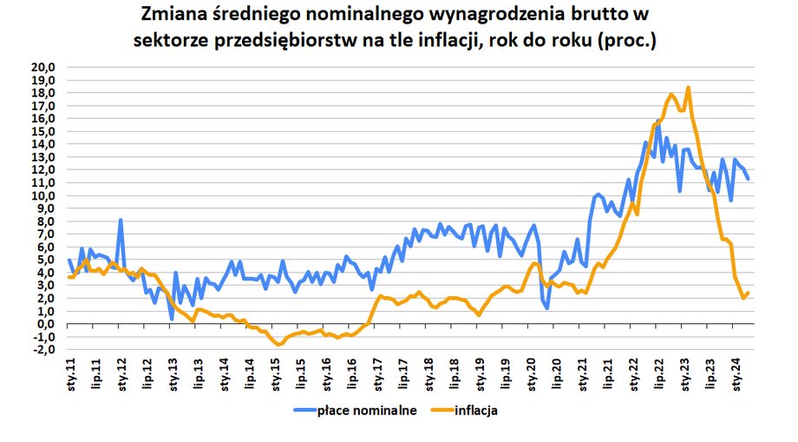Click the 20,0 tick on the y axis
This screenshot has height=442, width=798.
pyautogui.click(x=43, y=67)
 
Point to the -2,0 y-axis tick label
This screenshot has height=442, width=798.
pyautogui.click(x=43, y=350)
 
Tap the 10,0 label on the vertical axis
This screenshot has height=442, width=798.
pyautogui.click(x=43, y=195)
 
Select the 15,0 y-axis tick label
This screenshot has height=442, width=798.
pyautogui.click(x=43, y=131)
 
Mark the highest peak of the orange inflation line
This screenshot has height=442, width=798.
pyautogui.click(x=688, y=87)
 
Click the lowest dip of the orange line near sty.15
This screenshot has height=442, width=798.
pyautogui.click(x=278, y=345)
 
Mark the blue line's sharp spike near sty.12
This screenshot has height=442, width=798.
pyautogui.click(x=121, y=221)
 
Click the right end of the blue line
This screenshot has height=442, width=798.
pyautogui.click(x=749, y=179)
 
